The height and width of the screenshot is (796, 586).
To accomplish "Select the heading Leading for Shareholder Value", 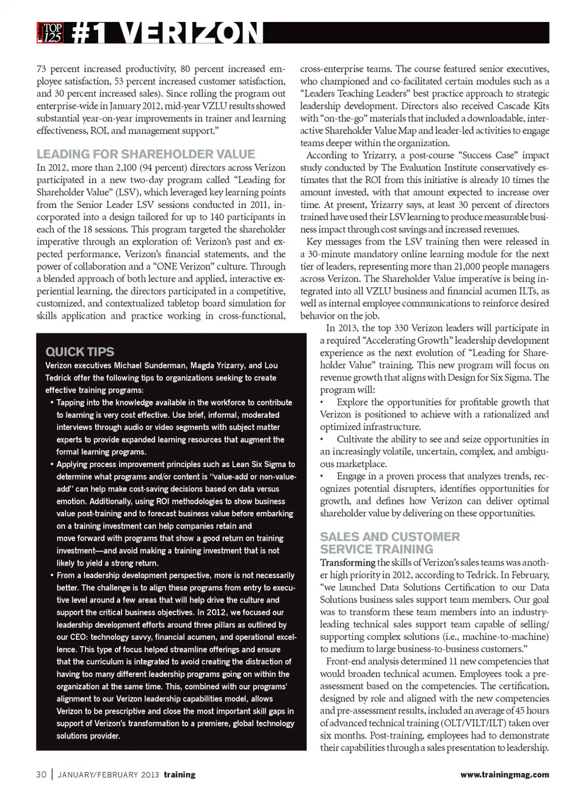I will (x=146, y=154).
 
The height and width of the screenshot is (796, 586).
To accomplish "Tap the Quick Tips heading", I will (x=80, y=351).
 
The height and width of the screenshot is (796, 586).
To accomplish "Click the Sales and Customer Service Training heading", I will (x=389, y=543).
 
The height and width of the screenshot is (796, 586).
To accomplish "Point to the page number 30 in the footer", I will (x=42, y=775).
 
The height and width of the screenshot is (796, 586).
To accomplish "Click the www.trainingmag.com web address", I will (x=504, y=775).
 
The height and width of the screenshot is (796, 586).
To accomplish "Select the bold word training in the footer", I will (x=179, y=775).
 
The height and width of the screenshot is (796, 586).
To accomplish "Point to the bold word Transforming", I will (x=347, y=562).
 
